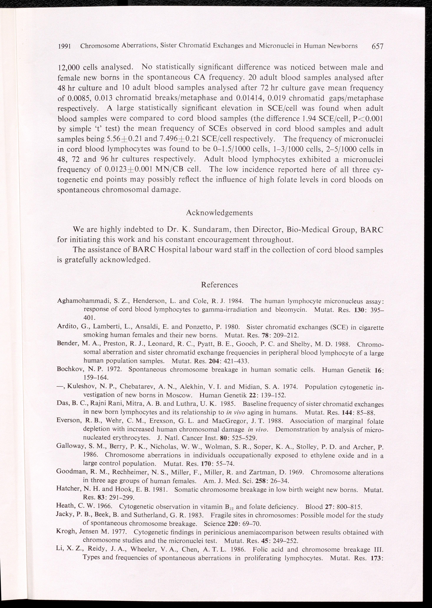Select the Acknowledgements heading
click(x=219, y=213)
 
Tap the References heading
click(x=219, y=285)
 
